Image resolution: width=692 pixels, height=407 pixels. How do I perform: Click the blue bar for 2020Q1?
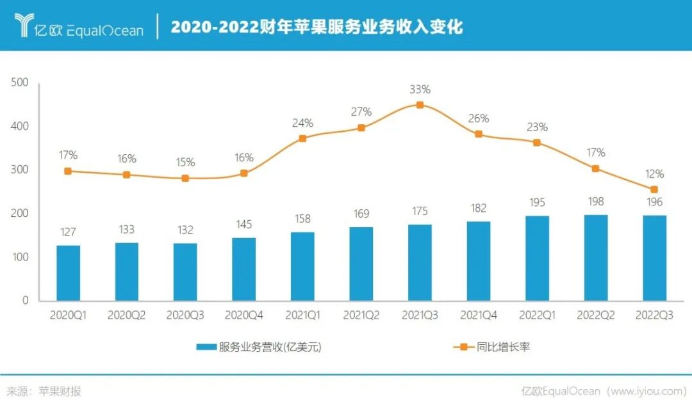(69, 273)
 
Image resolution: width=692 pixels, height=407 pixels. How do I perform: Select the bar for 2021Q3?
(420, 262)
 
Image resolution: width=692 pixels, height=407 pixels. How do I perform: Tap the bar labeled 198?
(596, 257)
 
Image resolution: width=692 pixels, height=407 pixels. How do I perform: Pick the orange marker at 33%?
(420, 105)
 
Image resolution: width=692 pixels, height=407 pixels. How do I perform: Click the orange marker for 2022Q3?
(654, 189)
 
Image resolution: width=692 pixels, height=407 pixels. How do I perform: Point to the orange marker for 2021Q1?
(302, 138)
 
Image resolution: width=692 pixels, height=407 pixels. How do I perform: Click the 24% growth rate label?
(302, 123)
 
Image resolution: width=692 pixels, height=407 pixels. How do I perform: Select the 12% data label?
(654, 174)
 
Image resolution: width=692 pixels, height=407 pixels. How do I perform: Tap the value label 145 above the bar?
(244, 225)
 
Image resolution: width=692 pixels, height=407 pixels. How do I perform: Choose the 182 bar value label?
(478, 208)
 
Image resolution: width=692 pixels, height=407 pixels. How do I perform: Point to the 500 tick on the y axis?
(21, 83)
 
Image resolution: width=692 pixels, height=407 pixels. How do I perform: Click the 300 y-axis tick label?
(21, 170)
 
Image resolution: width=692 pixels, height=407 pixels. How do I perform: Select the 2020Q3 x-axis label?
(185, 315)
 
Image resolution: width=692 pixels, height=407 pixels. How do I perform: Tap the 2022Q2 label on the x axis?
(596, 315)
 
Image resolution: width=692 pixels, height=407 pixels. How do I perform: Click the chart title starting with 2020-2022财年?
(317, 27)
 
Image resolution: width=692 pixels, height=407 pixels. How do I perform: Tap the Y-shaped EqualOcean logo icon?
(26, 26)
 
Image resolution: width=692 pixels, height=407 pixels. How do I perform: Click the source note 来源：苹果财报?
(44, 392)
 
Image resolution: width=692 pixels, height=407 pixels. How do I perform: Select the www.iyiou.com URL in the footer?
(647, 392)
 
